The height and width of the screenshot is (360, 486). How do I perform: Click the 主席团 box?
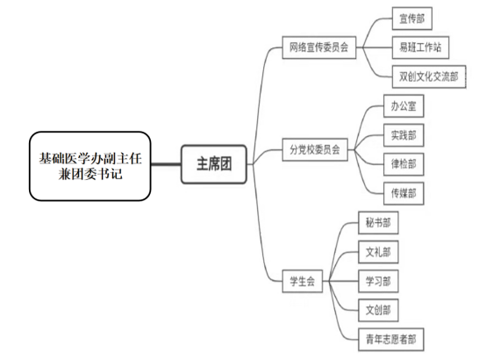[x=214, y=164]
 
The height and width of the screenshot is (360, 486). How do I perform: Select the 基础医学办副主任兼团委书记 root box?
[x=89, y=166]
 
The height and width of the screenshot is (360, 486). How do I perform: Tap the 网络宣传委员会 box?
[x=319, y=47]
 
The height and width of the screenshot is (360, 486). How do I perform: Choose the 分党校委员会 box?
[x=315, y=149]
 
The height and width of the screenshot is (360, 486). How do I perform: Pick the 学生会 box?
[x=302, y=281]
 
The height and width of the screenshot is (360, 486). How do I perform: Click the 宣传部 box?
[x=412, y=18]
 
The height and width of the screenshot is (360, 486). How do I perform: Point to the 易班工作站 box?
[x=420, y=47]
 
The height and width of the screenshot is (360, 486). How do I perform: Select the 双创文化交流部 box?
[x=429, y=76]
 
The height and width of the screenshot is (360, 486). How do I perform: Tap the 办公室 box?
[x=404, y=106]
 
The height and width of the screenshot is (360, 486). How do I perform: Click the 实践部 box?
[x=404, y=135]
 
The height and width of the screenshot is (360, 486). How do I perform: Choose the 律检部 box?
[x=404, y=164]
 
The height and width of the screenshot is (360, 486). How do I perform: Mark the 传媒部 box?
[x=404, y=193]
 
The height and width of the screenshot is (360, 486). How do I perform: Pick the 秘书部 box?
[x=378, y=223]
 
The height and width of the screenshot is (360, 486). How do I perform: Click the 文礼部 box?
[x=378, y=252]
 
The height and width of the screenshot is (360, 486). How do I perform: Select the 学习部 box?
[x=378, y=281]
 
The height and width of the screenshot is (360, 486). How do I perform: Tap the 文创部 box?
[x=378, y=310]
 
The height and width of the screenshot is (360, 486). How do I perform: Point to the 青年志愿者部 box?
[x=391, y=339]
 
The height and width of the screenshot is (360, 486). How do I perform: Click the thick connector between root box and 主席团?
[x=166, y=164]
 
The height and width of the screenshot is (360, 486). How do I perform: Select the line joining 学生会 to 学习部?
[x=340, y=281]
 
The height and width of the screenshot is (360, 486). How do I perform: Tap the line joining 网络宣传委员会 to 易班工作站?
[x=374, y=47]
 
